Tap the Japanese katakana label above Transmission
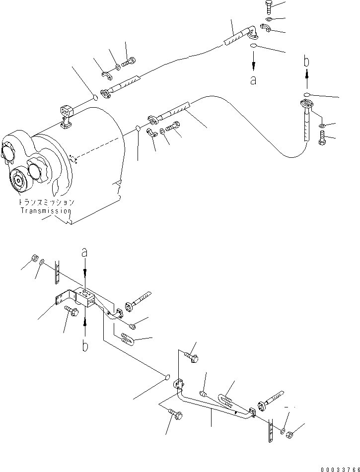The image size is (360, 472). (46, 202)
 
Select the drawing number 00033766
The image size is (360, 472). (336, 467)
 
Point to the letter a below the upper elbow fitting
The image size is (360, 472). (253, 80)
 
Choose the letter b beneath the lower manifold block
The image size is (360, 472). (85, 345)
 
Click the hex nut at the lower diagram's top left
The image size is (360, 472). (34, 258)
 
